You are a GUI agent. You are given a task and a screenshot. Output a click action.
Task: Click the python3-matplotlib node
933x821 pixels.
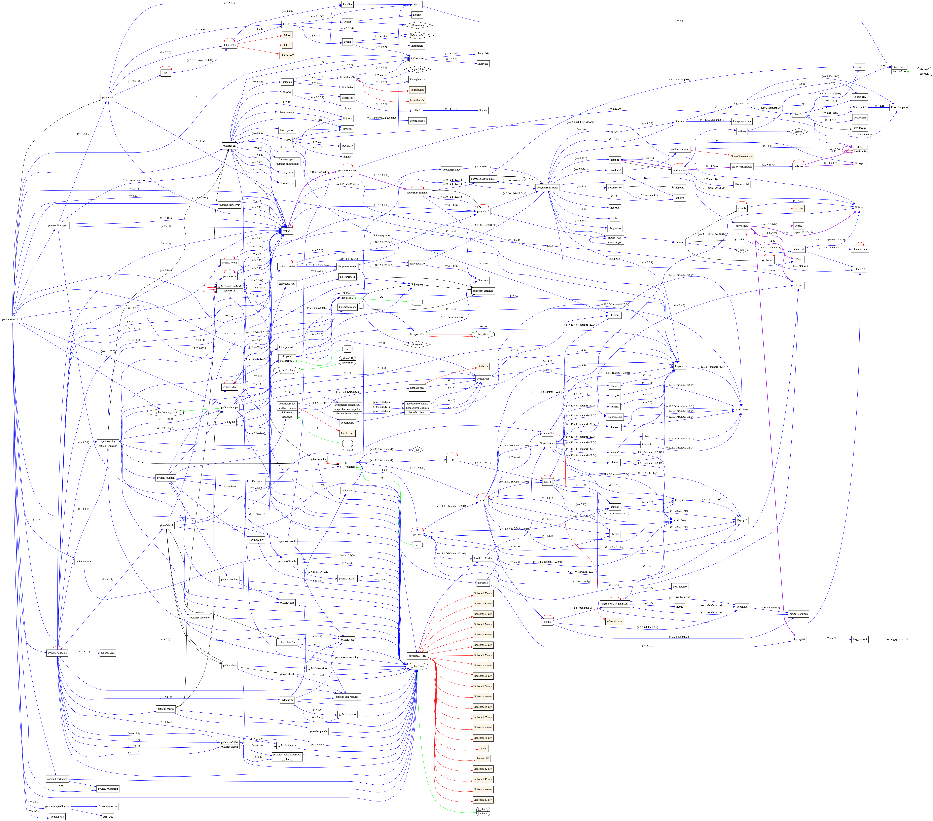click(12, 319)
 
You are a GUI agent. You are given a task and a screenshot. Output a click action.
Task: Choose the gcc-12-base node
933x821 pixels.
click(742, 409)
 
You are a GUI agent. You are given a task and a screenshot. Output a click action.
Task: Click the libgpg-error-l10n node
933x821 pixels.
click(899, 639)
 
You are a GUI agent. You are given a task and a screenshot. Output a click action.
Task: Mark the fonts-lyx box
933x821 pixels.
click(108, 816)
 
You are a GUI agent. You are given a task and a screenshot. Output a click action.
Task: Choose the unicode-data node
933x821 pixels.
click(108, 653)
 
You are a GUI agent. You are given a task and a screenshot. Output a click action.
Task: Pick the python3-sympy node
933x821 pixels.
click(165, 709)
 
